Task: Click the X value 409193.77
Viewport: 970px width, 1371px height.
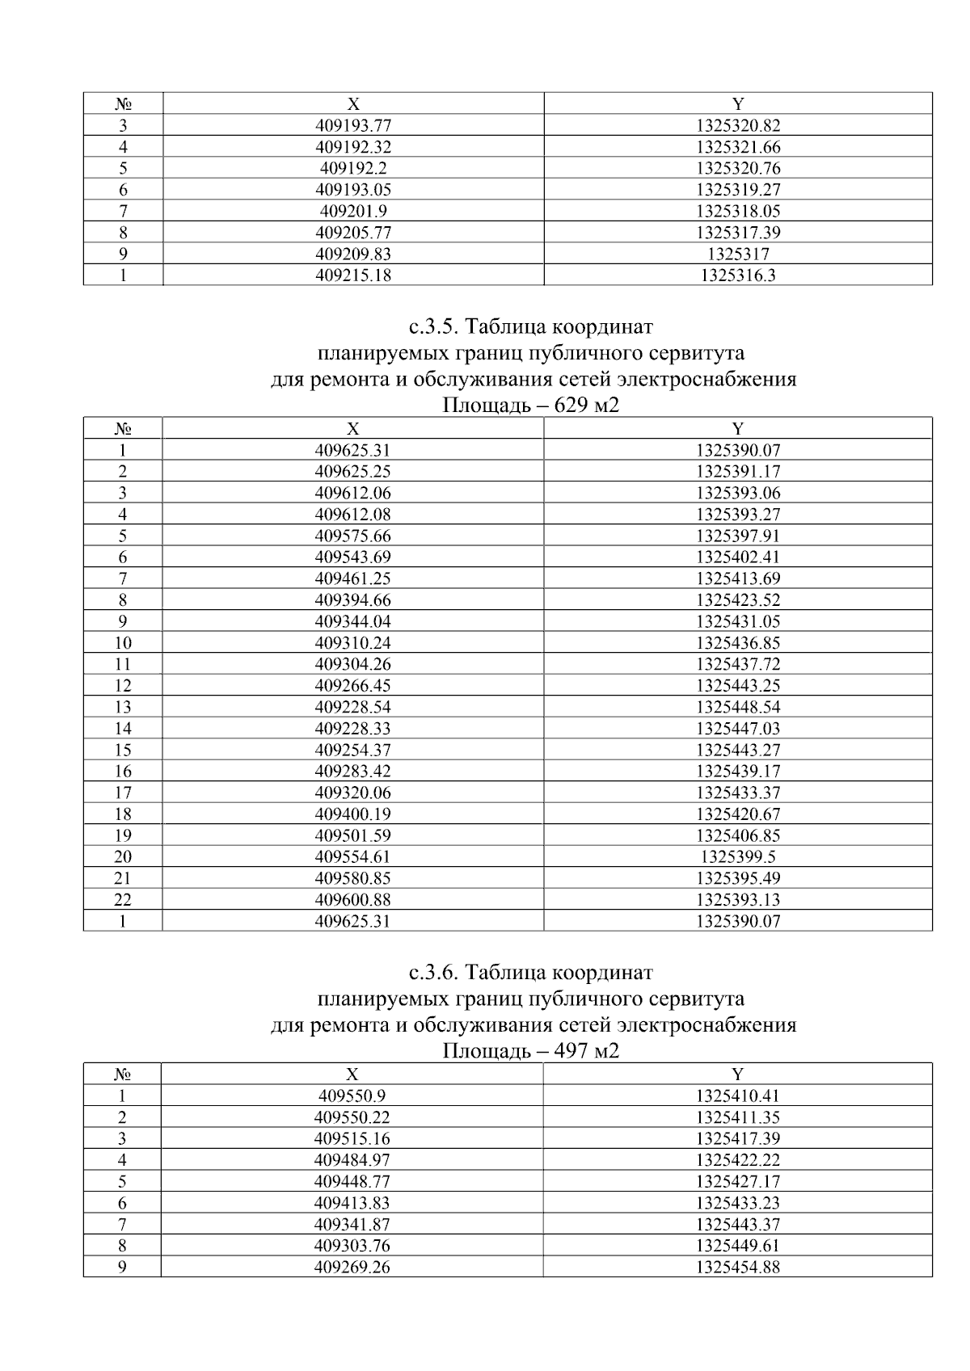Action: point(352,126)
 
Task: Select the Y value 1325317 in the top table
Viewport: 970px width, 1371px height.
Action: point(737,254)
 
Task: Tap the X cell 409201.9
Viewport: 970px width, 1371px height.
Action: point(352,212)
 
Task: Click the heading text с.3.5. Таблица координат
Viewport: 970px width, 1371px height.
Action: point(531,327)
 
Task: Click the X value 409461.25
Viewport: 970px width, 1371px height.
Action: point(352,578)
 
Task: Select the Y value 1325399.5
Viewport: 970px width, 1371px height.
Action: point(737,857)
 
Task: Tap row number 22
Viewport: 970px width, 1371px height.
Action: point(123,900)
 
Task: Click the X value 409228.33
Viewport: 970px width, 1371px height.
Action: point(352,729)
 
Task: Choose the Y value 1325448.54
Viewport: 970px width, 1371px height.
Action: point(737,707)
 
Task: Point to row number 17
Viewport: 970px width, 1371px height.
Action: point(123,793)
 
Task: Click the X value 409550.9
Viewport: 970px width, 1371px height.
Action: point(352,1096)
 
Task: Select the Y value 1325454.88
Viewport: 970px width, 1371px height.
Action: point(737,1268)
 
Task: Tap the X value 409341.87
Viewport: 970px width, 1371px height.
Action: point(352,1225)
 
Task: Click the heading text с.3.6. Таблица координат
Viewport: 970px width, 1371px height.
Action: point(531,973)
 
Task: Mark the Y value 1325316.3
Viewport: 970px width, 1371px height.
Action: point(737,275)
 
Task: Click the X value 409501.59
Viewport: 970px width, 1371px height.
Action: point(352,836)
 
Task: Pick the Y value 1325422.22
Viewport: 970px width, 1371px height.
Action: point(737,1160)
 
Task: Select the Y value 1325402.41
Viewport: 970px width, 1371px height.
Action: point(737,557)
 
